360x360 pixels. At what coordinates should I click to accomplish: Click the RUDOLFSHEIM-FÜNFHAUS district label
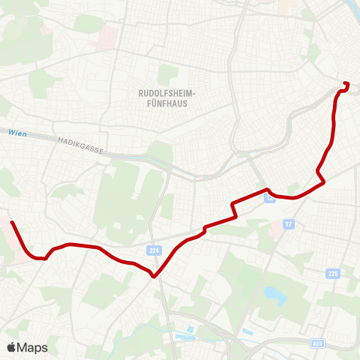(x=167, y=97)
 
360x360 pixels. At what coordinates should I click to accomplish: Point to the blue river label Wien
(x=18, y=133)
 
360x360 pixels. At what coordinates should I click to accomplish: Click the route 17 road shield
(x=289, y=224)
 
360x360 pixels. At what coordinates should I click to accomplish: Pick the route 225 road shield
(x=333, y=274)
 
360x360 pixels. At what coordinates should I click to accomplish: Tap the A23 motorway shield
(x=318, y=343)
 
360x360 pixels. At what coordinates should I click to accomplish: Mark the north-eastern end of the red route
(x=345, y=83)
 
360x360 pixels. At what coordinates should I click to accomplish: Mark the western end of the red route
(x=12, y=222)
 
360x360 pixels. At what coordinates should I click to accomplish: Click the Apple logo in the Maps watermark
(x=11, y=347)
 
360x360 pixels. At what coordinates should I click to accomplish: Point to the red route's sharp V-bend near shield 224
(x=154, y=275)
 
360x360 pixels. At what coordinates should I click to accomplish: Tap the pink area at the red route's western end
(x=5, y=229)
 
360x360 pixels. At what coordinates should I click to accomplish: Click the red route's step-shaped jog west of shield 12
(x=235, y=209)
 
